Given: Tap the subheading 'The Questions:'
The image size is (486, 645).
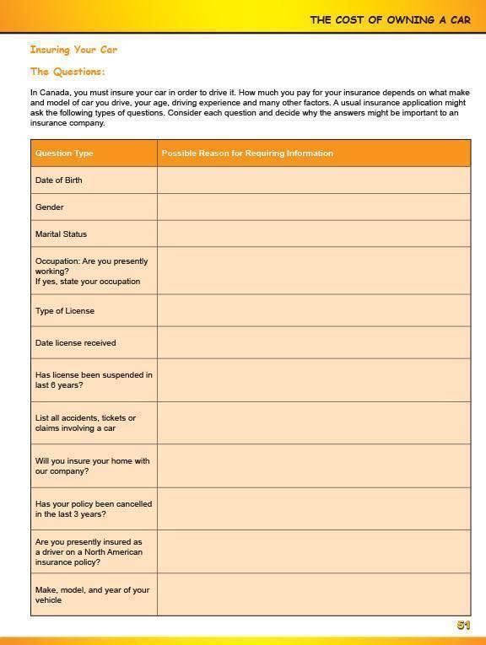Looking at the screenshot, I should [x=67, y=72].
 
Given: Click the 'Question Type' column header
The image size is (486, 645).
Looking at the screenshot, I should [x=64, y=153].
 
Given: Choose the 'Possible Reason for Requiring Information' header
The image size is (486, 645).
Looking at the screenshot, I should [x=247, y=153].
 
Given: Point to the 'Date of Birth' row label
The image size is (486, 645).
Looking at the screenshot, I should [x=59, y=180].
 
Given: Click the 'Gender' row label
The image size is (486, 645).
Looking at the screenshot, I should [x=50, y=207].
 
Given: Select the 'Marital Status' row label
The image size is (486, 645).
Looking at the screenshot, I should [x=61, y=234].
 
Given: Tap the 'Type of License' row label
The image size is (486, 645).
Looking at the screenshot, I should [x=65, y=311].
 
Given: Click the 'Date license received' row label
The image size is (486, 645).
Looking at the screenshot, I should [x=75, y=343].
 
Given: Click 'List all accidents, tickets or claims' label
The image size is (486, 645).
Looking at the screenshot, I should [x=84, y=423].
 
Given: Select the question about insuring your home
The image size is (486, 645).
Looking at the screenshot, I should [x=92, y=466].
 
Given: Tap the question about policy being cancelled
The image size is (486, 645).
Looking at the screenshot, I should [x=93, y=509].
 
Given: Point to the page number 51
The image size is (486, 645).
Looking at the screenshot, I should [x=463, y=626].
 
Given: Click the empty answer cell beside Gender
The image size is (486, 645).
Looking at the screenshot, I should [x=313, y=207].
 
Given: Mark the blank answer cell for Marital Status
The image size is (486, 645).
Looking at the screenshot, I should [x=313, y=234].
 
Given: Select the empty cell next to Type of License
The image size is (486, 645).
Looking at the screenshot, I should [x=313, y=311].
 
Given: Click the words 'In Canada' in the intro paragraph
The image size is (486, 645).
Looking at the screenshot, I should [x=48, y=93].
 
